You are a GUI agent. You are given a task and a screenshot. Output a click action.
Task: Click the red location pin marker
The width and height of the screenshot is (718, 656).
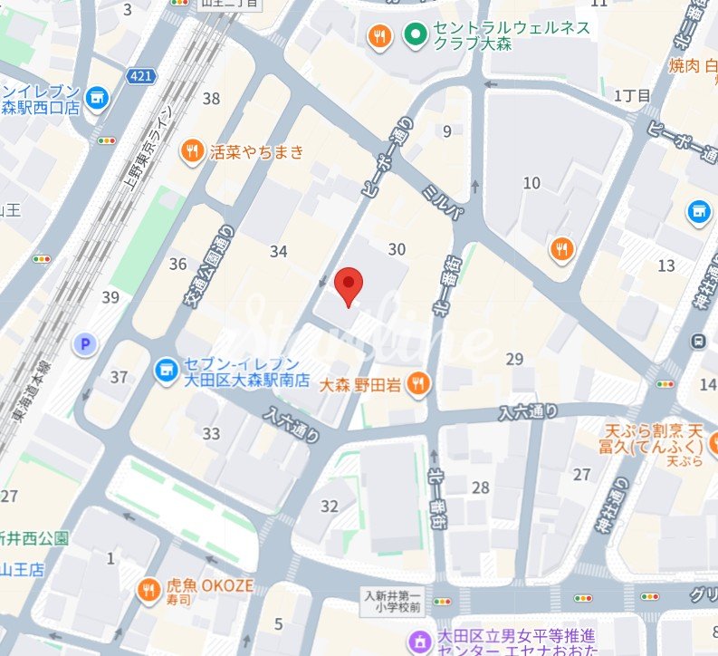click(349, 285)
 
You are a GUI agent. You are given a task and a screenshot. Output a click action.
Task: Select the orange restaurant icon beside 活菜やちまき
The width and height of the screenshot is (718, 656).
click(191, 151)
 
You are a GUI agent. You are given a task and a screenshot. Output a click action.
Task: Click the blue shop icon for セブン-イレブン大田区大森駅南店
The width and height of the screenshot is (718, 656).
click(164, 369)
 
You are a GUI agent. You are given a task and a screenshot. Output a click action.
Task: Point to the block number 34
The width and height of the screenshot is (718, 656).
click(278, 251)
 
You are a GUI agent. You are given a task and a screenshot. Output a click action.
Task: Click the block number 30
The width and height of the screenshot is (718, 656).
click(397, 249)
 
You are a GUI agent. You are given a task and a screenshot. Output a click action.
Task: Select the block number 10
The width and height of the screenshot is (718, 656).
click(531, 183)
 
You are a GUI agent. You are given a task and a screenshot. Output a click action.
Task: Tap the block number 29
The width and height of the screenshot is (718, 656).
click(515, 359)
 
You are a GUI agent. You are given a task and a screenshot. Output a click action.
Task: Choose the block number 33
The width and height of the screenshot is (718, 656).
click(211, 434)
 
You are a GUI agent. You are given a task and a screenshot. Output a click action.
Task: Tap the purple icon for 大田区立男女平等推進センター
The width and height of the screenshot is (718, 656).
click(419, 642)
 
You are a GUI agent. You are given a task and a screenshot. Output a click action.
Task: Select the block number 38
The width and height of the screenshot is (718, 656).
click(212, 99)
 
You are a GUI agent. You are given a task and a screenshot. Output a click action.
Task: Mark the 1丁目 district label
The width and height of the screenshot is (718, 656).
click(632, 96)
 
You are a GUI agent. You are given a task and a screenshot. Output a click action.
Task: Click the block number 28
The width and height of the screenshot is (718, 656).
click(480, 488)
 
